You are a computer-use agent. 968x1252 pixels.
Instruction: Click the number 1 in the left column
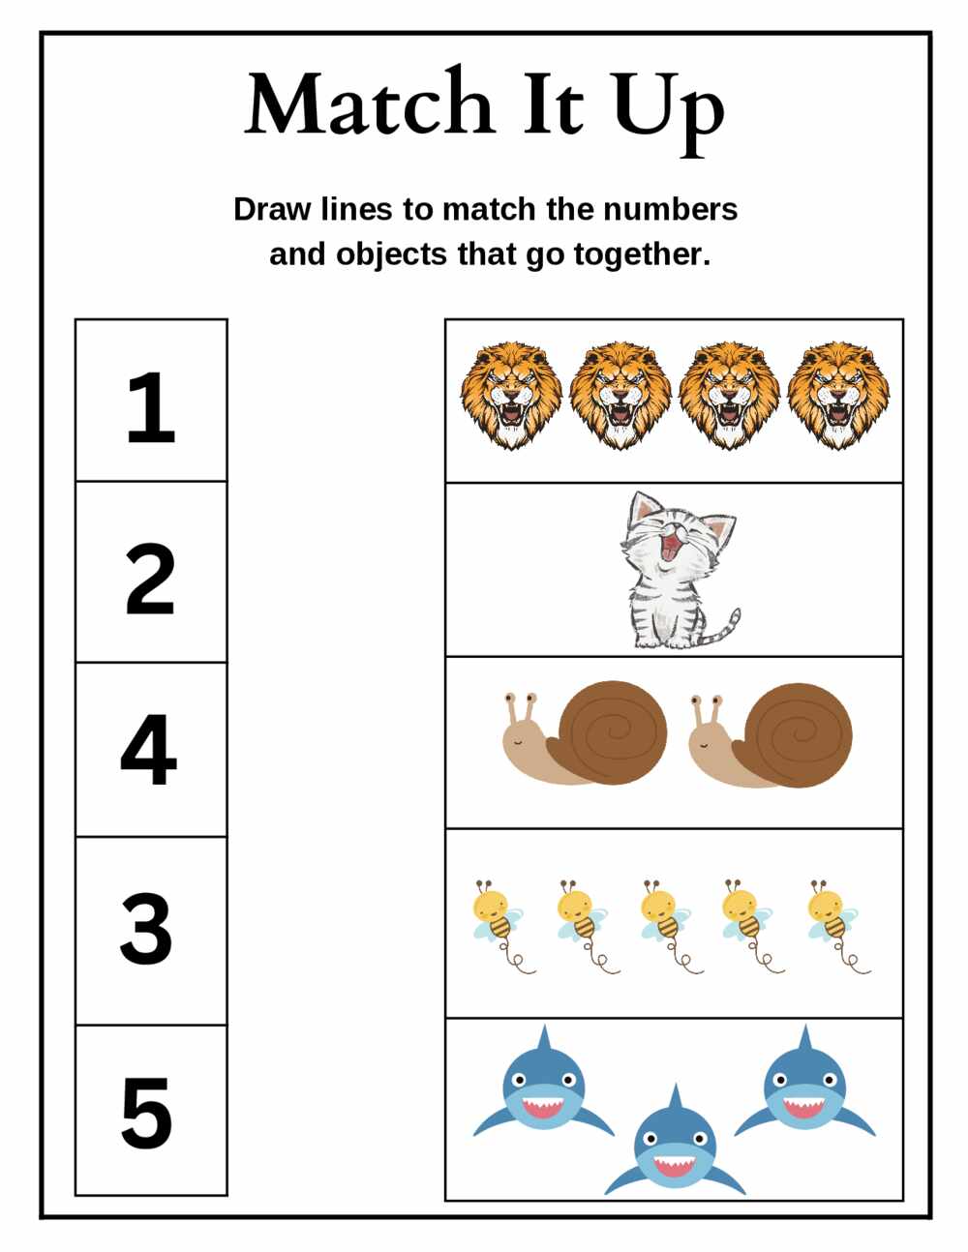[151, 407]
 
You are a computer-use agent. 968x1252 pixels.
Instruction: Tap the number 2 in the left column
[150, 579]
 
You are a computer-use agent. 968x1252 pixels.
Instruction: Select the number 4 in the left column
[149, 749]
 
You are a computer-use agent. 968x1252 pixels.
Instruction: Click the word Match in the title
[369, 104]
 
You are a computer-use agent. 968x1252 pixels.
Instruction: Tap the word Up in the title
[668, 112]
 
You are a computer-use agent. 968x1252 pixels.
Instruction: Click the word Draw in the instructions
[272, 209]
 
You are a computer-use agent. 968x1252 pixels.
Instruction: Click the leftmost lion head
[511, 396]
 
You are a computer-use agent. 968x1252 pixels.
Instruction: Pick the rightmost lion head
[838, 396]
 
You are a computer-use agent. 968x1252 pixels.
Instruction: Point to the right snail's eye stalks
[707, 711]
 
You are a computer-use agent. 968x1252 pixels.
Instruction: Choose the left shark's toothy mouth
[544, 1107]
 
